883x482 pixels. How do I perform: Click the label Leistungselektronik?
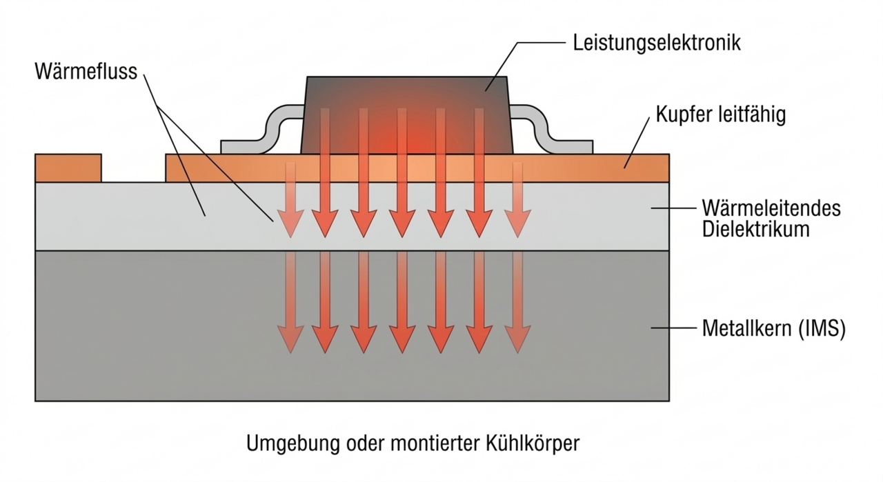(657, 43)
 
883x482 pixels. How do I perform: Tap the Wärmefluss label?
(86, 72)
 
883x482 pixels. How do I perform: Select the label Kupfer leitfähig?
(721, 115)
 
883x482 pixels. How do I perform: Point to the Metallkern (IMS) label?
(773, 329)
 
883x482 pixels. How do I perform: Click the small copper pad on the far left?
(68, 168)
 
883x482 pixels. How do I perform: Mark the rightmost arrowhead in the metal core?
(516, 339)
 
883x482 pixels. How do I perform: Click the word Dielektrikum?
(755, 230)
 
